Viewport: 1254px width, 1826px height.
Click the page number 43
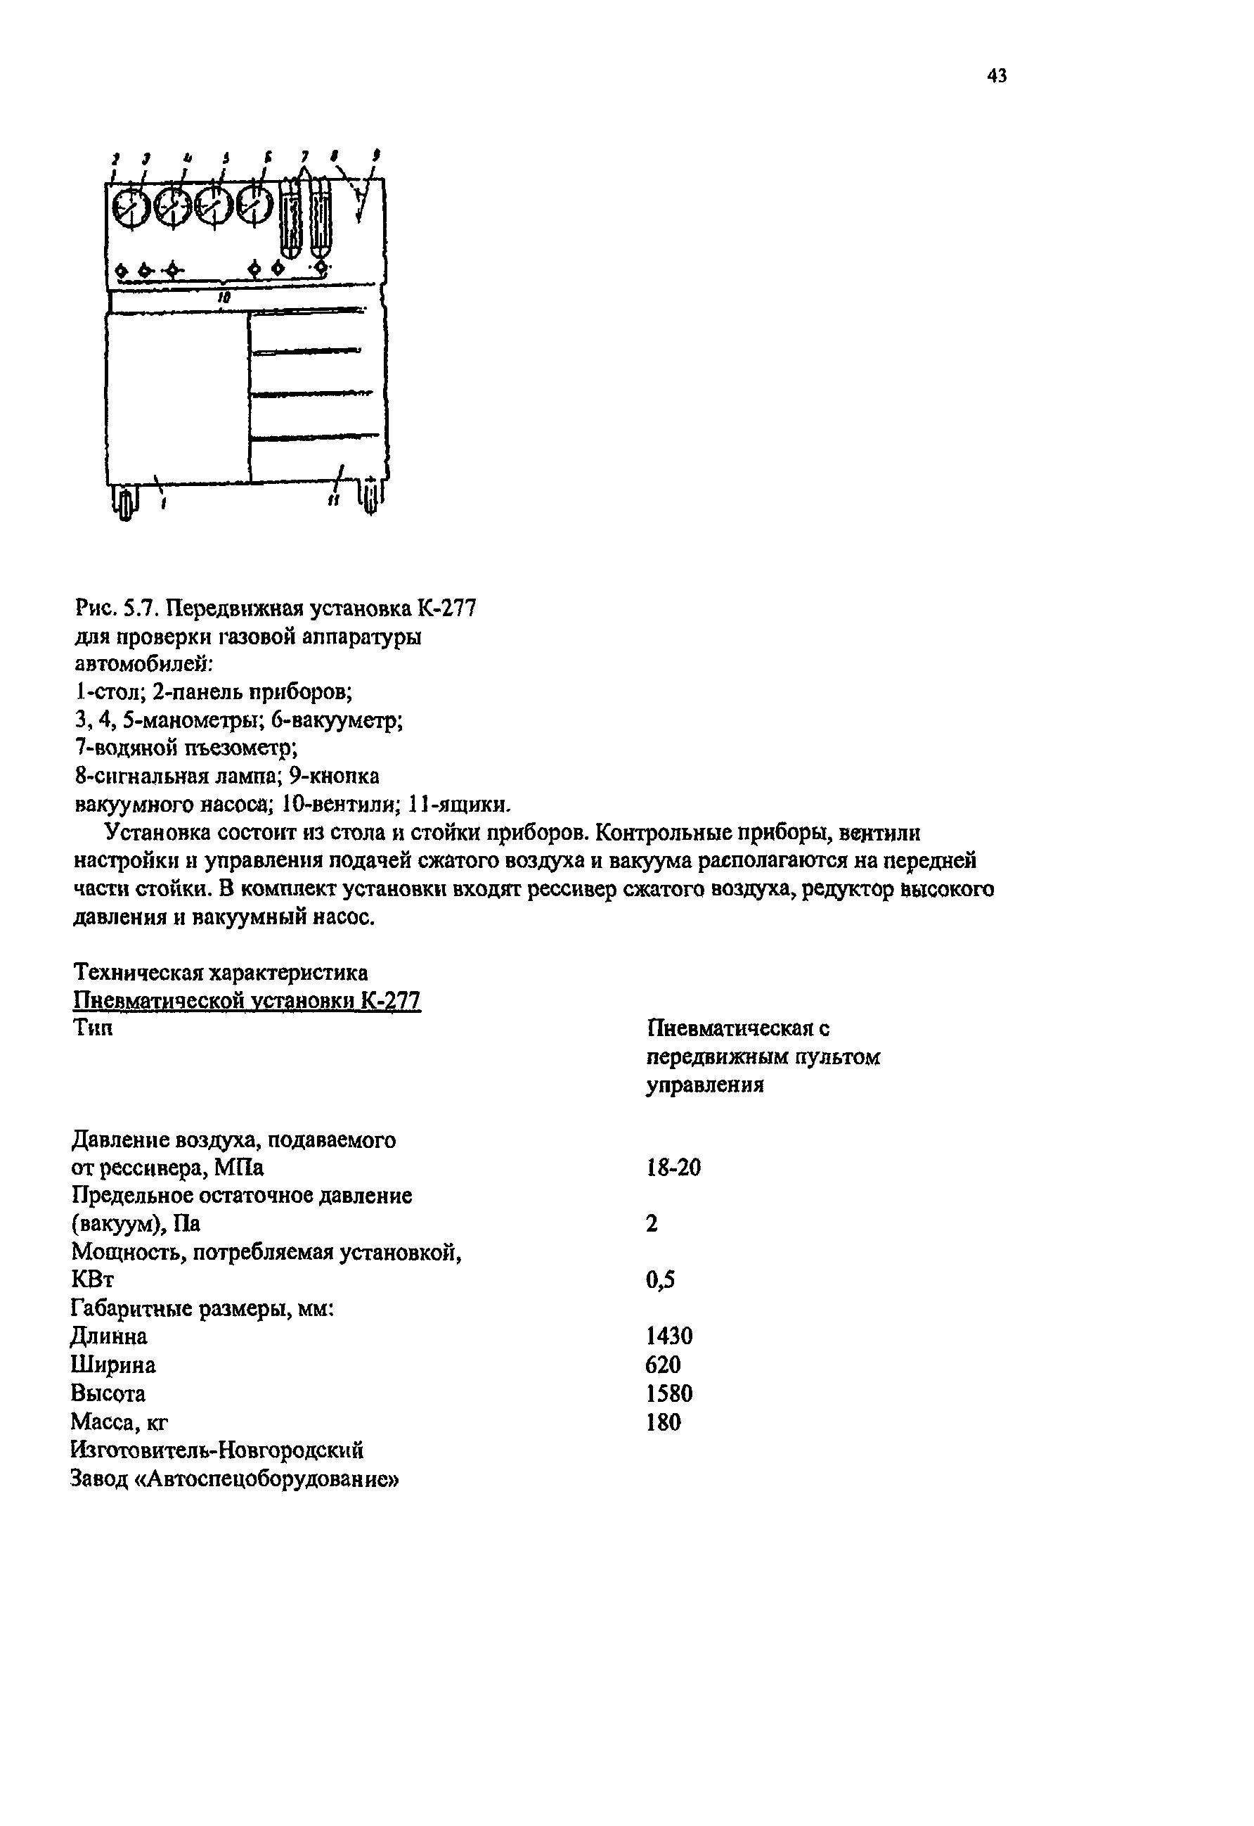click(x=996, y=76)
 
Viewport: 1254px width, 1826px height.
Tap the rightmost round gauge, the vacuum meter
click(x=254, y=207)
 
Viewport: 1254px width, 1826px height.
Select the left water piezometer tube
click(x=292, y=216)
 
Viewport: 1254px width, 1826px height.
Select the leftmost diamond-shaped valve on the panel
click(x=122, y=270)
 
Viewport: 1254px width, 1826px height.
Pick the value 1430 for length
click(x=669, y=1336)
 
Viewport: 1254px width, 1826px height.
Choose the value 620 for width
click(x=663, y=1365)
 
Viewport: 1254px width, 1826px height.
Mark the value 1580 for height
click(x=669, y=1393)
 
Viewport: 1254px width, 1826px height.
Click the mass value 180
click(x=663, y=1422)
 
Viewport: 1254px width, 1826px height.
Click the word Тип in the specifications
click(x=93, y=1028)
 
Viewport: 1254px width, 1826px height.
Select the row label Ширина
click(x=113, y=1365)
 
